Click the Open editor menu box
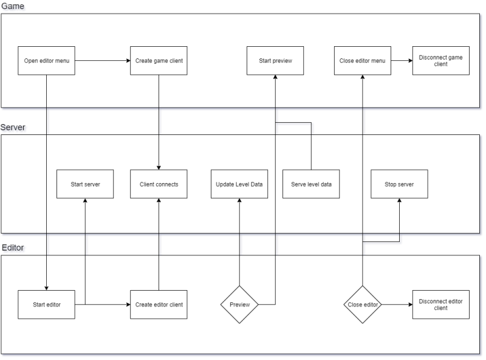47,61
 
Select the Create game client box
159,61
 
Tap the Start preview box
275,61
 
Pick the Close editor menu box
363,61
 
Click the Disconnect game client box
441,61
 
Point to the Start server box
85,184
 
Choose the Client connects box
159,184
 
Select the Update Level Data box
239,184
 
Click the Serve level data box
311,184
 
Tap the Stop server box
399,184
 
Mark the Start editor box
47,305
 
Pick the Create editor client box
159,305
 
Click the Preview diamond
239,305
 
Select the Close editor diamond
363,305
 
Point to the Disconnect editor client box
441,305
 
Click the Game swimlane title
13,6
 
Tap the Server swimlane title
13,127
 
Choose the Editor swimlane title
13,247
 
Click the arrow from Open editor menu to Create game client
103,61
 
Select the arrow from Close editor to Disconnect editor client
397,305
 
